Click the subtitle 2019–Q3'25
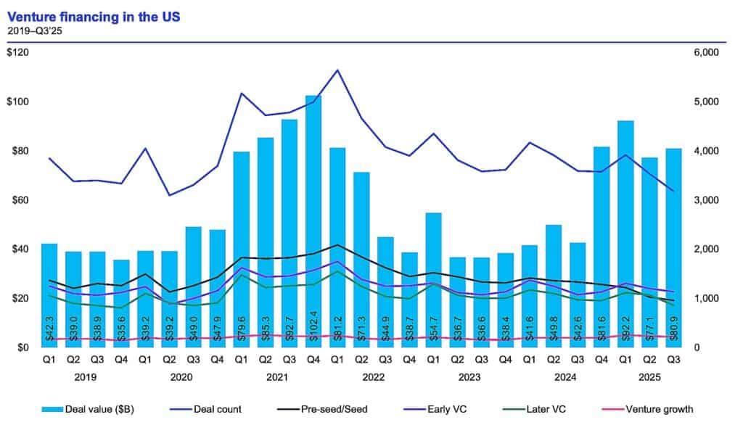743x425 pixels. pos(33,30)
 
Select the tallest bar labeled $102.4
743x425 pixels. pos(313,218)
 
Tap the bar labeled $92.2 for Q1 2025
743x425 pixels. pos(625,232)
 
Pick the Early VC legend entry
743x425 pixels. pos(451,410)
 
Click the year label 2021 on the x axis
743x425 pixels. pos(277,378)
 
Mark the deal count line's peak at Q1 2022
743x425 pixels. pos(337,70)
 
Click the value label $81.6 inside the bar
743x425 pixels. pos(602,323)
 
